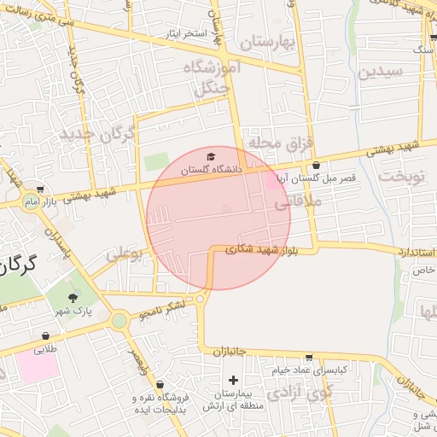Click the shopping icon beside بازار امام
[41, 189]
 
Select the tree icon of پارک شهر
[72, 298]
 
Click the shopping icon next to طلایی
[44, 336]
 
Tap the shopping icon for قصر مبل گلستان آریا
[317, 166]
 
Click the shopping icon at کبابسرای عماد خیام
[308, 358]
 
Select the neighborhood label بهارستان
[266, 42]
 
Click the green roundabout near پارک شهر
[119, 321]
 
